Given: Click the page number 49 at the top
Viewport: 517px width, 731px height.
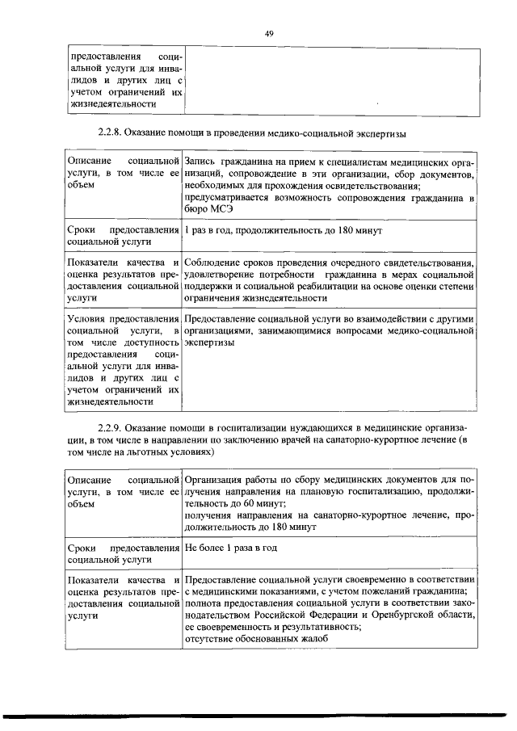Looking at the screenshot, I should coord(270,33).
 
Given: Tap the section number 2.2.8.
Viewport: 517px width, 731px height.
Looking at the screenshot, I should coord(110,132).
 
